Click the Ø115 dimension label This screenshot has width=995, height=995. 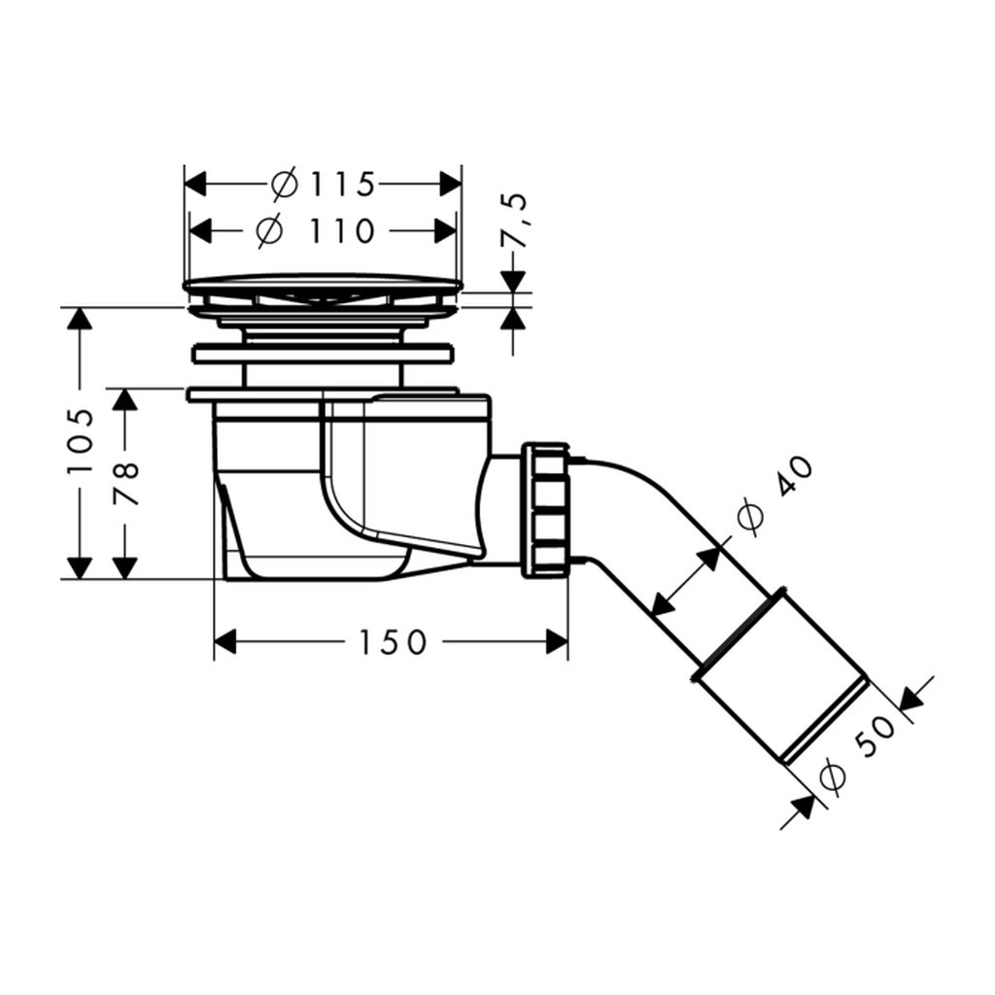(x=323, y=184)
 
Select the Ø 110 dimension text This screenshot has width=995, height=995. (x=316, y=230)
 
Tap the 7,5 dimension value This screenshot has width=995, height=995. (x=514, y=221)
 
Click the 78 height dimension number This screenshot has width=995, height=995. (x=125, y=484)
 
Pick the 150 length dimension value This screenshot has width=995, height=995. (x=393, y=642)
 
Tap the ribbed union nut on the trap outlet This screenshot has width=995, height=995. (x=545, y=511)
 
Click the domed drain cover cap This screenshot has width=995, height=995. (x=323, y=284)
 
